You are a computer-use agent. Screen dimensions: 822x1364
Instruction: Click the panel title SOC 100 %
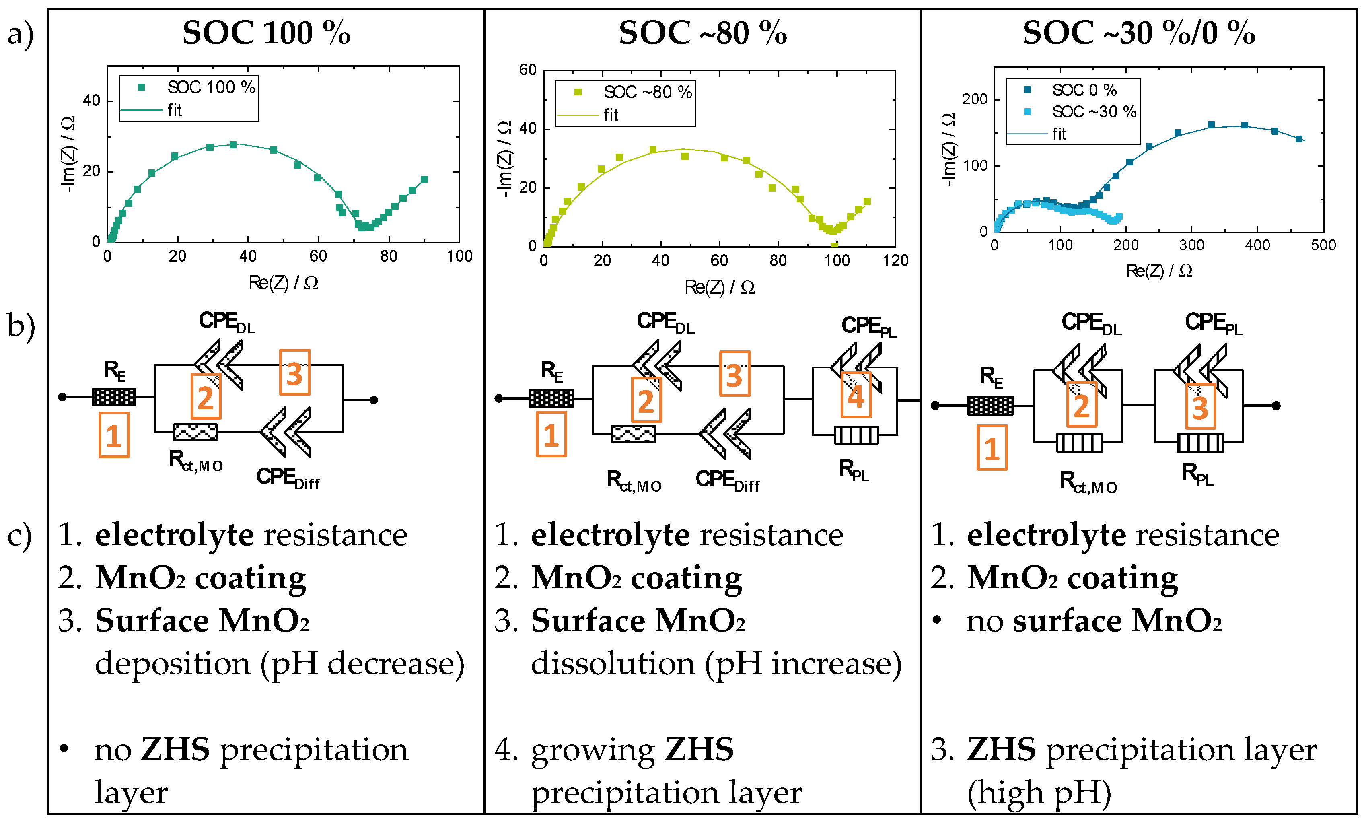pos(266,33)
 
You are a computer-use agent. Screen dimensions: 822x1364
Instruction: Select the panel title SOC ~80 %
pos(702,33)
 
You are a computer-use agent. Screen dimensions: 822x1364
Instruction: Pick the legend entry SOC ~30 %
pos(1093,112)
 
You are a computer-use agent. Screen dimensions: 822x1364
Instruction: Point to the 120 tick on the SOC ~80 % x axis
pos(895,261)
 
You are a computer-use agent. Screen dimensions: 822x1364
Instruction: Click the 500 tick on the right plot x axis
pos(1323,245)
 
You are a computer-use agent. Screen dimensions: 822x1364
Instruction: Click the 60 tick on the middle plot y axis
pos(528,70)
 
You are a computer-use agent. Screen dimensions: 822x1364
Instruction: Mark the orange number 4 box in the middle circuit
pos(856,395)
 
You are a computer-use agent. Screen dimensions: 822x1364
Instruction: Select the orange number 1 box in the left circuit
pos(114,435)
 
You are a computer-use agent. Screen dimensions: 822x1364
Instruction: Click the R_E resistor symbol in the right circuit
pos(990,406)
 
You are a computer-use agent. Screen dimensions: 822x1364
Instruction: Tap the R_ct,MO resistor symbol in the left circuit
pos(195,432)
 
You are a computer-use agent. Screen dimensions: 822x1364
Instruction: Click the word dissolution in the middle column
pos(612,663)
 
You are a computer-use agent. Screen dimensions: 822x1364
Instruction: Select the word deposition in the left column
pos(172,663)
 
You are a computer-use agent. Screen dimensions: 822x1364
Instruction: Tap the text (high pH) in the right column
pos(1039,793)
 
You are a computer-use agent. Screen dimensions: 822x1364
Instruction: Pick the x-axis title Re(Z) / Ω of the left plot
pos(283,283)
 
